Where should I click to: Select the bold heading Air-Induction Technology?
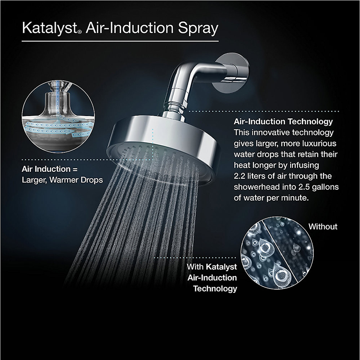coord(283,122)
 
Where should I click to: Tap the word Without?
coord(323,227)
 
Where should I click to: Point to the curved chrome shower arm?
coord(189,81)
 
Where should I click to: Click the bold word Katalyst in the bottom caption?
coord(221,267)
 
